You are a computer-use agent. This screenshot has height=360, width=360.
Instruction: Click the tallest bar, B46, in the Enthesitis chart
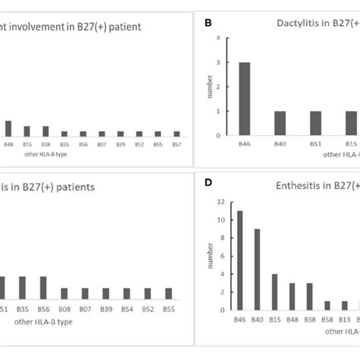(240, 261)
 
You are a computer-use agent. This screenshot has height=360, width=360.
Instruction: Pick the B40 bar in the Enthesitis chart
(257, 269)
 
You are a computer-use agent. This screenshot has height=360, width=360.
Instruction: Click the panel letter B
(209, 24)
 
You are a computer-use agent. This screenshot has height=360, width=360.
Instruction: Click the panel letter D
(209, 182)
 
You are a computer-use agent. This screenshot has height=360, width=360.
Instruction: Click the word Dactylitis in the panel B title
(298, 24)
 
